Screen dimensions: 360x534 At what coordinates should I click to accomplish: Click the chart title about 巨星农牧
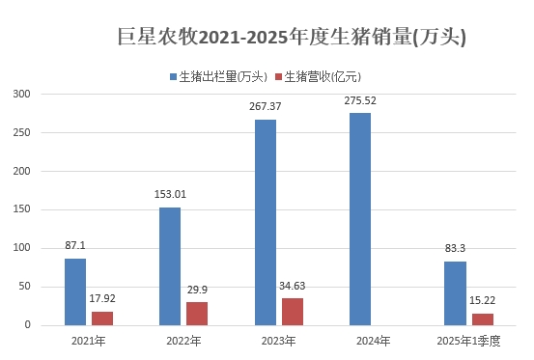[291, 38]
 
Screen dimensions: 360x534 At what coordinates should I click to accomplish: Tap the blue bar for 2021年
[75, 291]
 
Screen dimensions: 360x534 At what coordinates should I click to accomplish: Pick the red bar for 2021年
[102, 318]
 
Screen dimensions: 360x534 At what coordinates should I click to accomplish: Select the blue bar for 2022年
[170, 266]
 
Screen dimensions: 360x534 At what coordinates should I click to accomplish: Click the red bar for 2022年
[197, 314]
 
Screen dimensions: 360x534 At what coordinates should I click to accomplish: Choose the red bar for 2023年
[293, 312]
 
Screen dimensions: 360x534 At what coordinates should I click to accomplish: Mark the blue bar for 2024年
[360, 219]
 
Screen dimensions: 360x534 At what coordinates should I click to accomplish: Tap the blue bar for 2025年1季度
[455, 293]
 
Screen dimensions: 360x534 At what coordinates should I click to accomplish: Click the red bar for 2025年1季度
[482, 319]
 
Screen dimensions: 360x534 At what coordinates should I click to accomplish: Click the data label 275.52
[360, 99]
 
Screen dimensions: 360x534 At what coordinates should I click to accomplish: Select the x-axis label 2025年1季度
[468, 341]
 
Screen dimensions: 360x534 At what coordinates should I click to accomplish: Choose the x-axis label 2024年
[374, 341]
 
